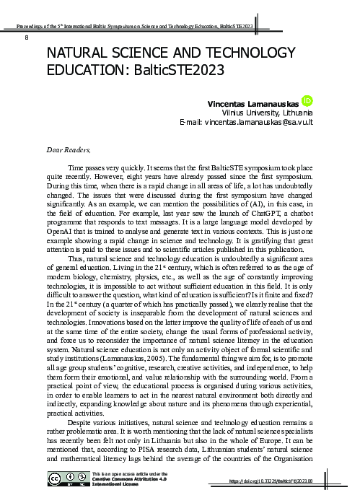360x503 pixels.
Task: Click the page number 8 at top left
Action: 27,37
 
